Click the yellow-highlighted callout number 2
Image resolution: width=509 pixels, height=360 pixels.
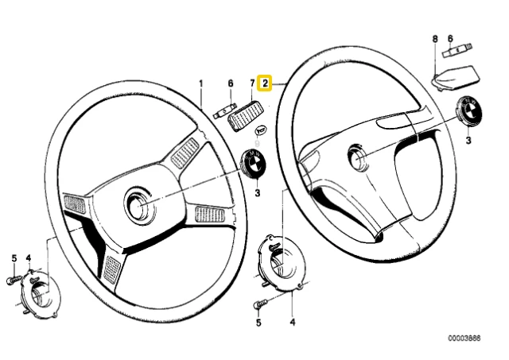coord(265,83)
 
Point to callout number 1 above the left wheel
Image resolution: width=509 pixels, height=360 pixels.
coord(201,83)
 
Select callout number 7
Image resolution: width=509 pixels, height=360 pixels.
coord(252,83)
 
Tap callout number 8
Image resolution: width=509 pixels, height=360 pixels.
coord(435,39)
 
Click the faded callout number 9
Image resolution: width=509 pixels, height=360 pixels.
coord(258,142)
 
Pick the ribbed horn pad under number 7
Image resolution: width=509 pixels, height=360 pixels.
coord(243,115)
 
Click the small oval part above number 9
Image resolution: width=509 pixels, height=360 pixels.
coord(261,130)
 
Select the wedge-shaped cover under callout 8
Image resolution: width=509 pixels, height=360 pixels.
coord(457,78)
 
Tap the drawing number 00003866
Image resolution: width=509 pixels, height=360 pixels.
coord(464,339)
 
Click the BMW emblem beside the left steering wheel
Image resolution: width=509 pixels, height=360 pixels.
coord(254,163)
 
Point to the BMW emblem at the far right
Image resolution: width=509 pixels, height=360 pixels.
coord(468,110)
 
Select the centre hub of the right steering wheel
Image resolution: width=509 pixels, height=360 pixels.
coord(358,157)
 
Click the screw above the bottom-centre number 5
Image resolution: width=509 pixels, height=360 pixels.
coord(260,304)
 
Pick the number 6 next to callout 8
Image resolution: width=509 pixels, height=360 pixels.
coord(450,39)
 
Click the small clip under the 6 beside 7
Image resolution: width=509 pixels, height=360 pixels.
coord(224,111)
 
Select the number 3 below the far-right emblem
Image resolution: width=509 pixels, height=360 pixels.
coord(468,140)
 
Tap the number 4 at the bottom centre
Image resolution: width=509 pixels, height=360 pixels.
coord(293,322)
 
